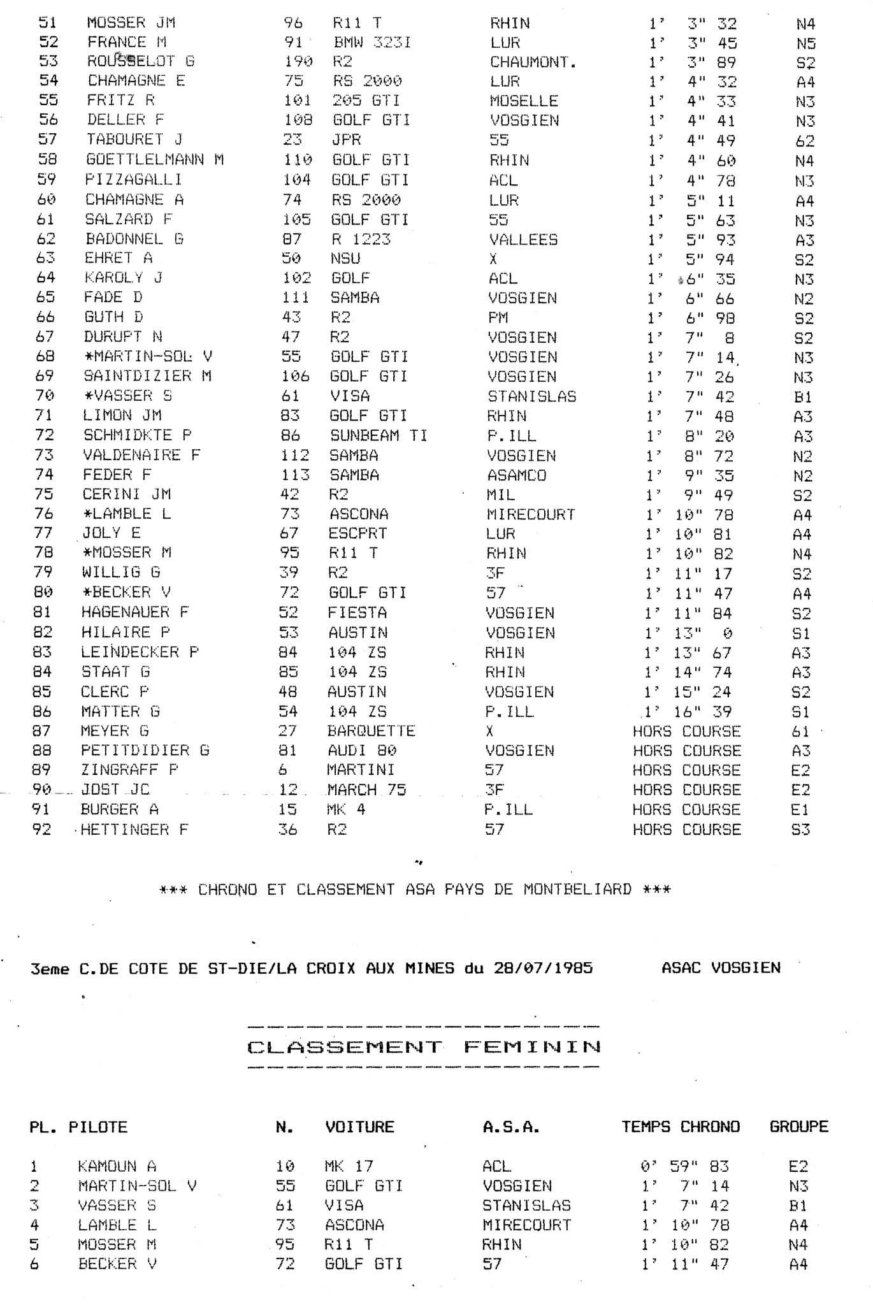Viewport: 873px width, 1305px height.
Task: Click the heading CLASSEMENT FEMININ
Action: (424, 1047)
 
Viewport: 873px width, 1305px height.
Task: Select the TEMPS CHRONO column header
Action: (681, 1127)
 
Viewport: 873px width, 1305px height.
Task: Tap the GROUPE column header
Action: (798, 1127)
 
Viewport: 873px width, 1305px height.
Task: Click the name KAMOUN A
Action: (117, 1166)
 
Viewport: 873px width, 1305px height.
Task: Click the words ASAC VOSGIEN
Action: (721, 968)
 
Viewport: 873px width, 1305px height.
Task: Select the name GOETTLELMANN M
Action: (154, 160)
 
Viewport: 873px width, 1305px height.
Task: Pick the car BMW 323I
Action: (372, 43)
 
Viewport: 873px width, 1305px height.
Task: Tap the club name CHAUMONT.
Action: (533, 62)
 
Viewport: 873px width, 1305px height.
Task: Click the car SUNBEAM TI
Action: (379, 436)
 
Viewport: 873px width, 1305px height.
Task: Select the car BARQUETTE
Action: (371, 731)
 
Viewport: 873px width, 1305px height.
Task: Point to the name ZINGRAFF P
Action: (129, 770)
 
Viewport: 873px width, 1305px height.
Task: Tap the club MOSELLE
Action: (524, 101)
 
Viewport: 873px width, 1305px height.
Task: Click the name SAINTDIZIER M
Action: (147, 377)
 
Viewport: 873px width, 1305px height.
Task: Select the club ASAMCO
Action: (517, 475)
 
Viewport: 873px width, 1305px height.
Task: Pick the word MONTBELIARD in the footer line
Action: (577, 889)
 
